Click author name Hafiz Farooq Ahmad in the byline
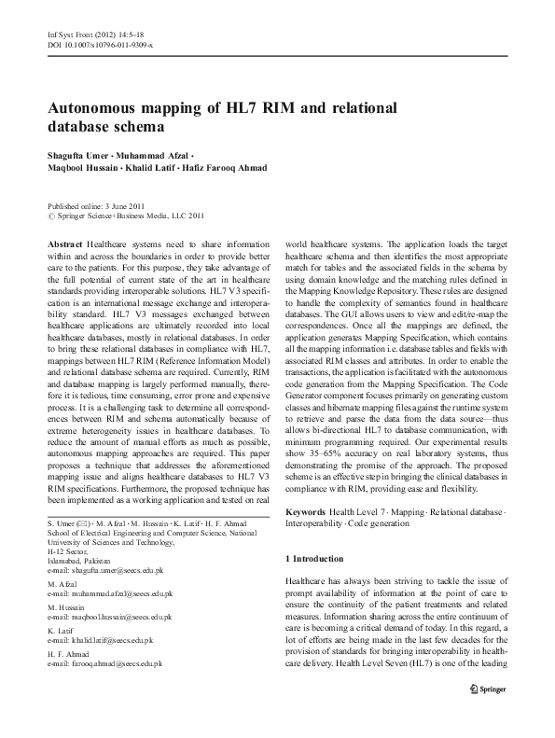coord(227,168)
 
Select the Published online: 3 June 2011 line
coord(97,204)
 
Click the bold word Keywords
coord(306,512)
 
